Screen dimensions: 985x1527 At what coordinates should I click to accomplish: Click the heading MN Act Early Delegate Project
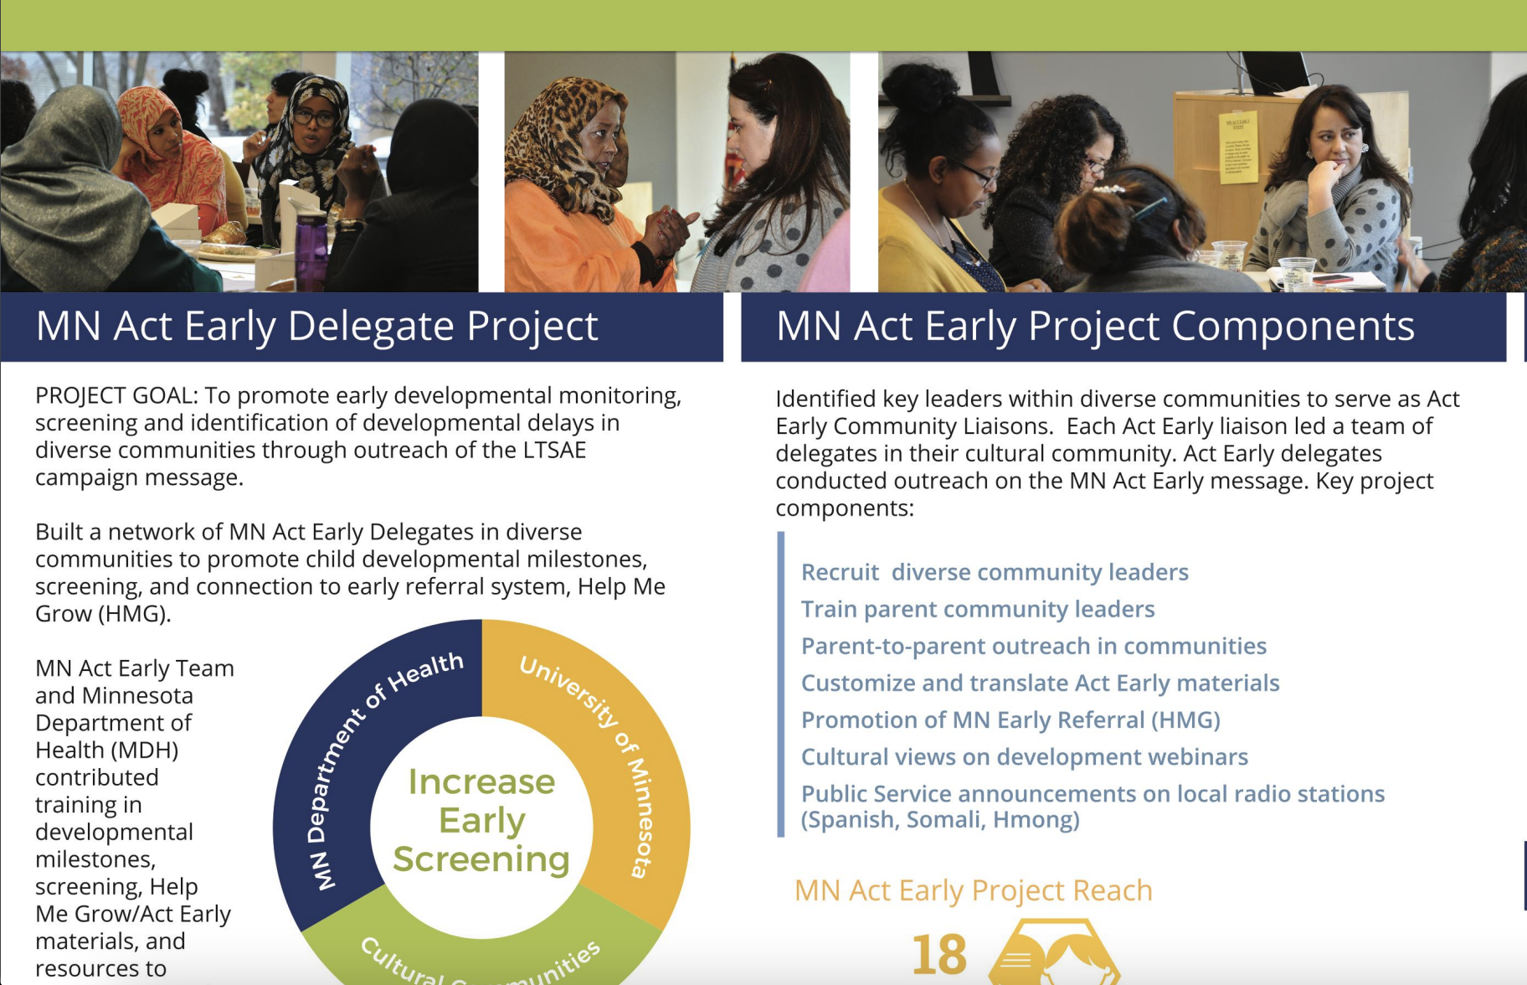316,327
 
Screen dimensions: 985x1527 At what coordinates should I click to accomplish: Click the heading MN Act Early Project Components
1094,327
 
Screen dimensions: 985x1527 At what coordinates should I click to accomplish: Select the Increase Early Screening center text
481,820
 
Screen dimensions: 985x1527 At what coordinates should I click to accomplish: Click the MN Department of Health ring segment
352,754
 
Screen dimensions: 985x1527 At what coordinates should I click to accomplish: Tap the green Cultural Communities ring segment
481,955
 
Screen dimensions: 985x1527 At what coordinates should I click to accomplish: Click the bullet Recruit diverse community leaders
994,572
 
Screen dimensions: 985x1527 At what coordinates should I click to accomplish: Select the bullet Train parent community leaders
977,609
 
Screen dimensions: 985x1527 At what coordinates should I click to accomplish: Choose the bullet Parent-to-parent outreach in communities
1033,646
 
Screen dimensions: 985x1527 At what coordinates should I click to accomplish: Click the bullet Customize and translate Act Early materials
1040,683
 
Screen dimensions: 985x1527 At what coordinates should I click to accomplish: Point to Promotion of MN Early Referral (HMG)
1010,719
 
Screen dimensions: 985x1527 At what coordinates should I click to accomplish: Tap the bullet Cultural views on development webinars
1024,756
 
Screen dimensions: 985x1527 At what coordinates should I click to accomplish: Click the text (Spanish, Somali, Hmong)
939,819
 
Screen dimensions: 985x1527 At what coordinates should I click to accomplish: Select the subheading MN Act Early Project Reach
973,890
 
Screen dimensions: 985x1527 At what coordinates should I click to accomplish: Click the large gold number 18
939,955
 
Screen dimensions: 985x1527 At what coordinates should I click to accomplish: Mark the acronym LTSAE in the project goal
554,450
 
